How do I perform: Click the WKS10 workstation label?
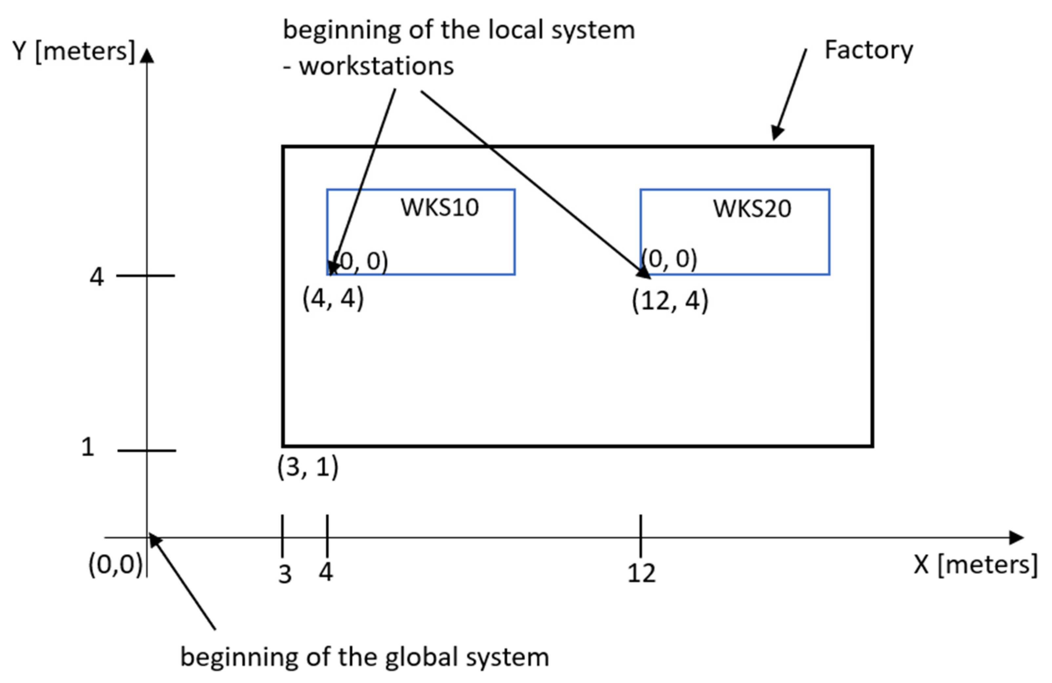coord(439,207)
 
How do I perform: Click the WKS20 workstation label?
coord(752,209)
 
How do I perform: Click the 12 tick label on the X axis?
coord(641,574)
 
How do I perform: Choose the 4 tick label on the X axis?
coord(326,572)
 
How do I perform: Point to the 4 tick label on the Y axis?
coord(96,277)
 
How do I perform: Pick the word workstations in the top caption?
coord(376,66)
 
